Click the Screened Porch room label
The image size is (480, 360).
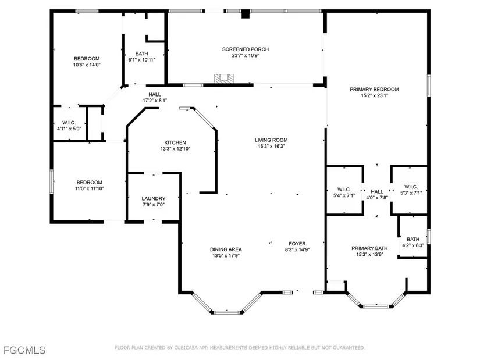(245, 49)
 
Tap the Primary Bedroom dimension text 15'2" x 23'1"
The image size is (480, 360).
(374, 95)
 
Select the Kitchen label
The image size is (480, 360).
(175, 142)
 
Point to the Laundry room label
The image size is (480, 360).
(154, 199)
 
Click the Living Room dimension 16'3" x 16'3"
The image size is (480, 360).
(271, 147)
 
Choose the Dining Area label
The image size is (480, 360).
(226, 249)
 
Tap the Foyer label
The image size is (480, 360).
(297, 244)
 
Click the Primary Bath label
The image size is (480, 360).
(369, 248)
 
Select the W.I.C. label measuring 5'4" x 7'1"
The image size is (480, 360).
(344, 190)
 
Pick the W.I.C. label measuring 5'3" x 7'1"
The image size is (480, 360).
(411, 187)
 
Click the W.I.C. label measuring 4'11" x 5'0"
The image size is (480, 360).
(69, 123)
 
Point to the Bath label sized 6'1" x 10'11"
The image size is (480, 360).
(142, 54)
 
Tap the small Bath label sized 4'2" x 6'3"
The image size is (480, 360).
(413, 240)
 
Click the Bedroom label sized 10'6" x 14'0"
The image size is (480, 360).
(87, 59)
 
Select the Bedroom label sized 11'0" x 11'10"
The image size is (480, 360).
(90, 183)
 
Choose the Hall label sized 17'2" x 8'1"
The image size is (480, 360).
(155, 95)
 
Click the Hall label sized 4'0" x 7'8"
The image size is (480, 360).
(377, 192)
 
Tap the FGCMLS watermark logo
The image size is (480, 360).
(24, 350)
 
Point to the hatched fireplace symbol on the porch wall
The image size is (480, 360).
(224, 79)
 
